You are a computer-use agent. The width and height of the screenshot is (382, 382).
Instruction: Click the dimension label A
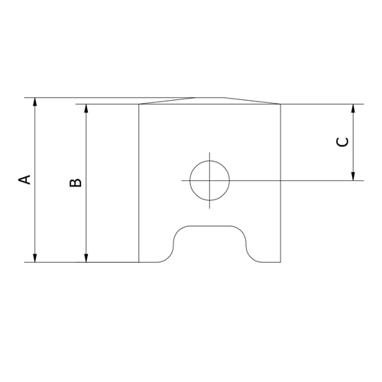click(x=25, y=180)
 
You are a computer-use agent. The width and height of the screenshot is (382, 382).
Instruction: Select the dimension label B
click(x=76, y=182)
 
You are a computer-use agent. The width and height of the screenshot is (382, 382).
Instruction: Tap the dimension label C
click(x=343, y=142)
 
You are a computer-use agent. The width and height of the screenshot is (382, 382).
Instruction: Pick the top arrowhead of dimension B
click(x=86, y=109)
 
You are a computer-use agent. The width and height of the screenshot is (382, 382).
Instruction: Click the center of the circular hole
click(x=209, y=180)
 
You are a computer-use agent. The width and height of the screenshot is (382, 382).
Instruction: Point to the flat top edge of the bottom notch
click(x=211, y=226)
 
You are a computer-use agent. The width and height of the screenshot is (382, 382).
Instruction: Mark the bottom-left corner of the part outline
click(x=139, y=262)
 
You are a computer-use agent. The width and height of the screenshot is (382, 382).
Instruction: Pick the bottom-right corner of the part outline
click(x=282, y=262)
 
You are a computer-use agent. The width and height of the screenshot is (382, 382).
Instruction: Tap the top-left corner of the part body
click(x=139, y=104)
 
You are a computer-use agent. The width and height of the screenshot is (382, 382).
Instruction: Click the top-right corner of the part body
click(x=282, y=104)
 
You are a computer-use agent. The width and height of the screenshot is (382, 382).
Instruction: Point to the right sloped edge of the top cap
click(x=252, y=101)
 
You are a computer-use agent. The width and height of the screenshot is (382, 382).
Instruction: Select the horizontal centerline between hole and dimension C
click(x=290, y=180)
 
